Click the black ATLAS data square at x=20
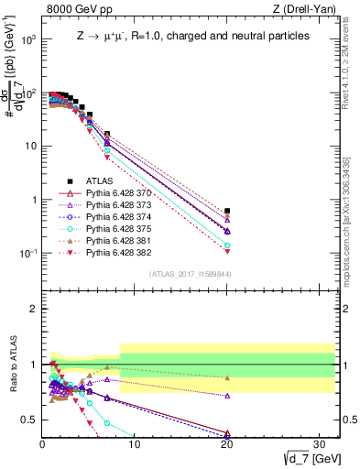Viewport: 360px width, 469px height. pos(227,211)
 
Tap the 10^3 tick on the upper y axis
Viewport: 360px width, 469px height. pos(28,40)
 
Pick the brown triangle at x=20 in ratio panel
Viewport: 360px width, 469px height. pos(227,377)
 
